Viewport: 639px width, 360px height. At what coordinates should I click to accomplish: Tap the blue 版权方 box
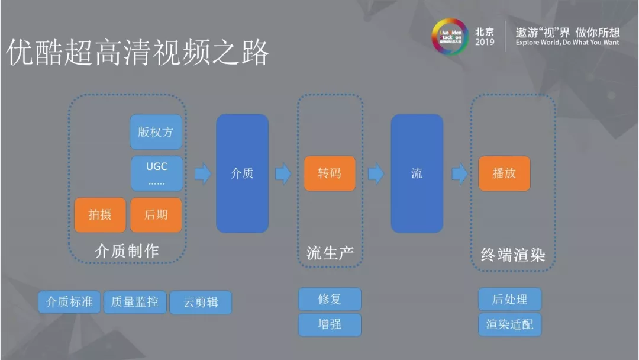tap(156, 132)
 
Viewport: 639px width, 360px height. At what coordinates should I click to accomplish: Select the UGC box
tap(156, 173)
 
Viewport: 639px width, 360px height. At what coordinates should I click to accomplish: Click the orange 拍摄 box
tap(100, 215)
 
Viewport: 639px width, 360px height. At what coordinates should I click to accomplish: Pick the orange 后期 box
tap(156, 215)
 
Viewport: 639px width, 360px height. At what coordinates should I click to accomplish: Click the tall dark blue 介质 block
tap(242, 173)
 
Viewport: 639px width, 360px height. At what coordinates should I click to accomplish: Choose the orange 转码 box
tap(330, 173)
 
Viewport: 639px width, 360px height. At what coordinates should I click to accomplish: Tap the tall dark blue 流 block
tap(417, 173)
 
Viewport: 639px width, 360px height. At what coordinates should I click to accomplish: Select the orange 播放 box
tap(504, 173)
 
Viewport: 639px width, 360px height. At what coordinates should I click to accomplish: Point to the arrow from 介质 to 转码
tap(283, 173)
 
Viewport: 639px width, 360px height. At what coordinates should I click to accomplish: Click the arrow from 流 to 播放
tap(460, 173)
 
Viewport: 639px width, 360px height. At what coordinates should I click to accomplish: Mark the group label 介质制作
tap(127, 251)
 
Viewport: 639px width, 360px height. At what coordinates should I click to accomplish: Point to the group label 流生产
tap(330, 252)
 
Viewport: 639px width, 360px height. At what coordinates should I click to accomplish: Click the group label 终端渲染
tap(512, 255)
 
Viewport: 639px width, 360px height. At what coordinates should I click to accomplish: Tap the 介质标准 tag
tap(70, 301)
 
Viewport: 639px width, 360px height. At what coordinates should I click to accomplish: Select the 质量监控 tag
tap(135, 301)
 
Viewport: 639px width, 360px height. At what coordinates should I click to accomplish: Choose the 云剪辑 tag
tap(201, 302)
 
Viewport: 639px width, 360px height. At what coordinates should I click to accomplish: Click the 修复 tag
tap(330, 299)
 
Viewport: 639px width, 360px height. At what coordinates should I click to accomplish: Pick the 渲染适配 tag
tap(509, 324)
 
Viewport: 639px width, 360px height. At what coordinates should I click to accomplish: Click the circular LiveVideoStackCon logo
tap(449, 36)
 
